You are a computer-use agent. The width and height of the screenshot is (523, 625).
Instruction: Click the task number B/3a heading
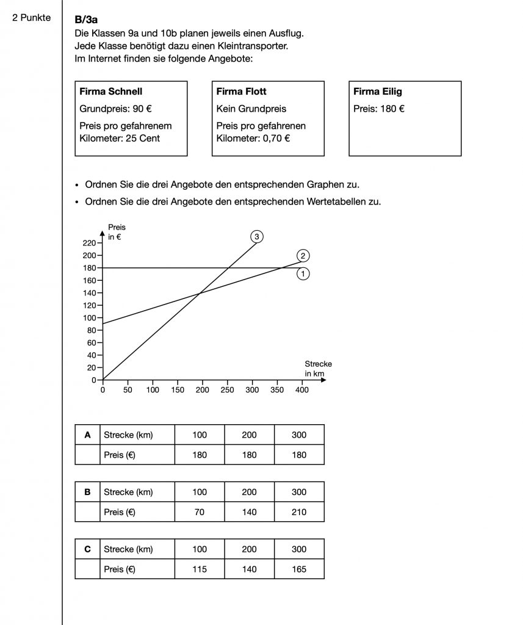click(x=86, y=20)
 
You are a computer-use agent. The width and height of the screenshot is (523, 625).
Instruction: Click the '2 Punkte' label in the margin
click(x=32, y=18)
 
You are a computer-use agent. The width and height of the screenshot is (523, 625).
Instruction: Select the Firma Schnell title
click(x=111, y=92)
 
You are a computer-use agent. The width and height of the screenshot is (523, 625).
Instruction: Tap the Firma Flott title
click(x=242, y=92)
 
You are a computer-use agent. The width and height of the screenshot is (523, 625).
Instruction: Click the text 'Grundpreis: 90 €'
click(x=115, y=109)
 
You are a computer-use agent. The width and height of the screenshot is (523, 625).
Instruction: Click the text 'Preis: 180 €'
click(x=380, y=109)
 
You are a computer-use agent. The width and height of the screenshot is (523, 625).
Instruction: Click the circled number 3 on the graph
click(x=257, y=237)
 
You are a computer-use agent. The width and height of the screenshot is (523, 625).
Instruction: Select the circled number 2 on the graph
click(x=303, y=255)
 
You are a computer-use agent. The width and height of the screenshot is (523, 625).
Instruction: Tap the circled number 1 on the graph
click(x=303, y=274)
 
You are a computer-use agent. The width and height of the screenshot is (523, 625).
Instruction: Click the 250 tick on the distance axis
click(x=227, y=389)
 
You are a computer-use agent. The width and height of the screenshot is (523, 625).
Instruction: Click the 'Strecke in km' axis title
click(x=318, y=369)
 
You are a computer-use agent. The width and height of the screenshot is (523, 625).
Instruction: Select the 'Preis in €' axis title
click(x=117, y=231)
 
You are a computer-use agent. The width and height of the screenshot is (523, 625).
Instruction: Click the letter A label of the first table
click(x=87, y=435)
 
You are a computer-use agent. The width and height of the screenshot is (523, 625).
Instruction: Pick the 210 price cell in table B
click(x=299, y=512)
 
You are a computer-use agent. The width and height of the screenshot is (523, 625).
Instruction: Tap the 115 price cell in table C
click(x=199, y=569)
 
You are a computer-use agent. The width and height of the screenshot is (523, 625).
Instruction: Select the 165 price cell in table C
click(x=299, y=569)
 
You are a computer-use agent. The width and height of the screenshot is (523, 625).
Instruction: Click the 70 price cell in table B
click(x=199, y=512)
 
